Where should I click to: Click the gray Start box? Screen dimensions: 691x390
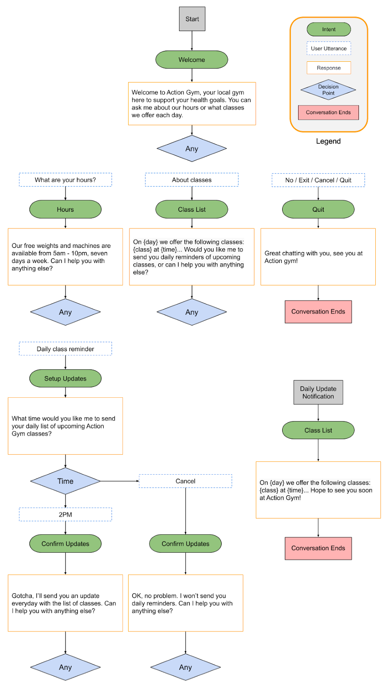pos(192,19)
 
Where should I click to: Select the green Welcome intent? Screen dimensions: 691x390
pos(192,60)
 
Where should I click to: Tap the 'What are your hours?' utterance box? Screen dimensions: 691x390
pos(66,180)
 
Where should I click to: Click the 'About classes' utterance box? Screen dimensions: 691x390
pos(192,180)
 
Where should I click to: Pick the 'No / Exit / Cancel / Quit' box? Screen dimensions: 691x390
pos(318,180)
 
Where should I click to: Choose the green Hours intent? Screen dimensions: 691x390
pos(66,209)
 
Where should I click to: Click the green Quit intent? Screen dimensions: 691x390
pos(318,209)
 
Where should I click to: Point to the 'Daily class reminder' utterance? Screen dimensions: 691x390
pos(66,349)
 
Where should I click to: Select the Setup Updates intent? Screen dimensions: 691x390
pos(66,378)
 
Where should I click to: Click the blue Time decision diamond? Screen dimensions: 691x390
pos(66,481)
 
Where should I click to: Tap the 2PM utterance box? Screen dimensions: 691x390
pos(66,514)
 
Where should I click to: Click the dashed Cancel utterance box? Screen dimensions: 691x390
pos(186,481)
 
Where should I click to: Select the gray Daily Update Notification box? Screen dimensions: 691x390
pos(318,392)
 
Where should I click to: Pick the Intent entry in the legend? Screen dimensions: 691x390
pos(329,29)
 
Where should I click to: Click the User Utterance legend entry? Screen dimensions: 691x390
pos(329,48)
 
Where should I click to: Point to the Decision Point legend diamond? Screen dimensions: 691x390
pos(328,90)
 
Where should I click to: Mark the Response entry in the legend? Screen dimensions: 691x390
pos(329,68)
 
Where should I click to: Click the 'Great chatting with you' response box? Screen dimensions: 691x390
pos(318,257)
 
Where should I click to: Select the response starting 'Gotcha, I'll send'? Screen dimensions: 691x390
pos(66,603)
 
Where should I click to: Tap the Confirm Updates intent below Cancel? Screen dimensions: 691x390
pos(186,544)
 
